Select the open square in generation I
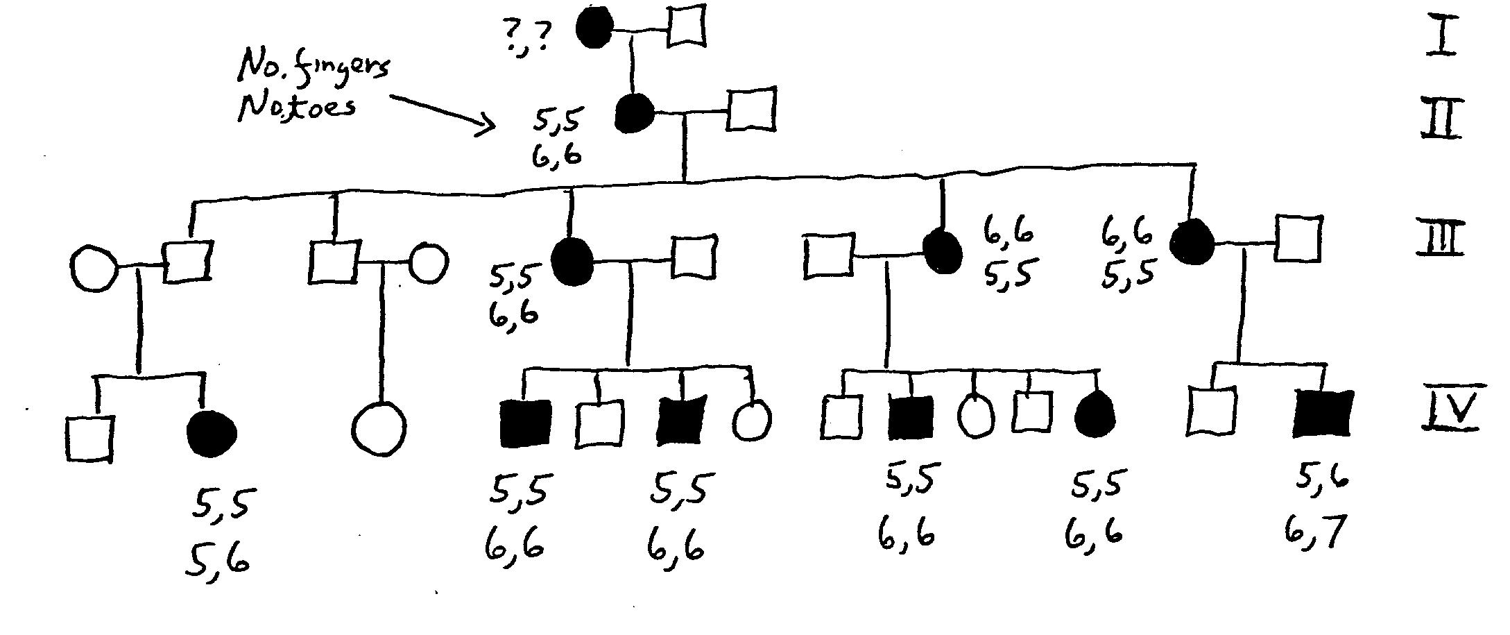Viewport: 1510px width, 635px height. [x=686, y=26]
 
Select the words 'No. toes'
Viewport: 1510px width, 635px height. [x=297, y=108]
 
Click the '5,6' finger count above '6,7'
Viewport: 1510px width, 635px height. [x=1322, y=477]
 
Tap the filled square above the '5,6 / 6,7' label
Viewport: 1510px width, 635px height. [x=1323, y=414]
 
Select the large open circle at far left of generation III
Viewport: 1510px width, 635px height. [x=94, y=267]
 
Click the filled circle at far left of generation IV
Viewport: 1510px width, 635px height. [x=212, y=434]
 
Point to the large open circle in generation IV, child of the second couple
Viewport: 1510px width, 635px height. [x=379, y=429]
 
